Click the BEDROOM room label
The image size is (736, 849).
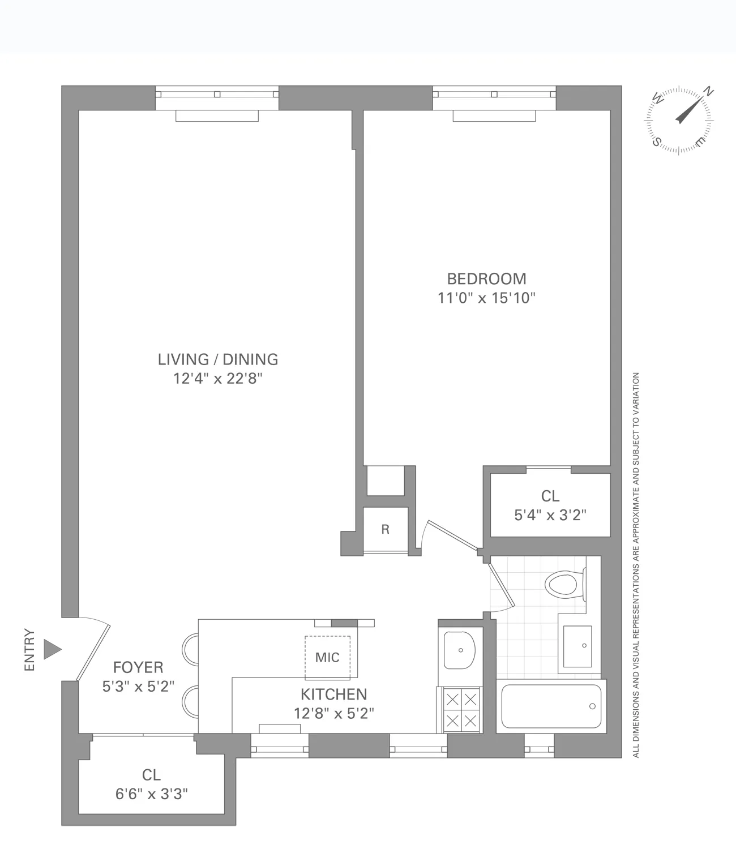tap(486, 278)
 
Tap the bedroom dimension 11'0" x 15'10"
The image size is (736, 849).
tap(486, 298)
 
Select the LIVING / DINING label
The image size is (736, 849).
tap(218, 359)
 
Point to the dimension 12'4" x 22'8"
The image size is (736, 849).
tap(218, 379)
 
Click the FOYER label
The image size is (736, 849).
tap(138, 667)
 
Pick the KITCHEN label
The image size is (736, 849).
tap(333, 694)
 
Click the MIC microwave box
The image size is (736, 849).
tap(327, 657)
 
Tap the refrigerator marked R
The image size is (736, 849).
tap(385, 530)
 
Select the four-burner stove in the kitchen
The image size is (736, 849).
tap(461, 710)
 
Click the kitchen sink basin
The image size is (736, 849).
tap(459, 650)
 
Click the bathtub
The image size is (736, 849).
tap(550, 706)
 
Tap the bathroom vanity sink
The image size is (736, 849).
tap(577, 646)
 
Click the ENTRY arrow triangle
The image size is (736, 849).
tap(52, 650)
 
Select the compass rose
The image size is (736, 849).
tap(679, 120)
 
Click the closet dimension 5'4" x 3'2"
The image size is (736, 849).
tap(550, 515)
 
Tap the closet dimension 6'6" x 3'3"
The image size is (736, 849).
tap(151, 794)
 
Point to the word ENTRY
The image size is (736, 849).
tap(29, 650)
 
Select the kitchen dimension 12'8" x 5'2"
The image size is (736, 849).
tap(333, 714)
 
